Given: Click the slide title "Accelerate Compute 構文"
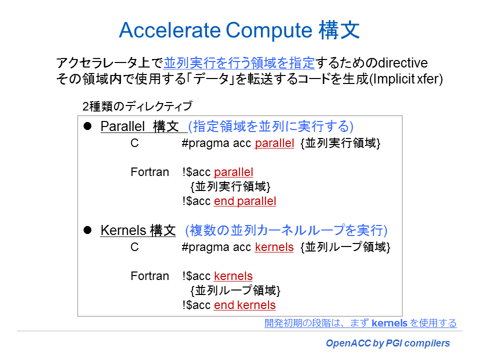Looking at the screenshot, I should click(x=239, y=31).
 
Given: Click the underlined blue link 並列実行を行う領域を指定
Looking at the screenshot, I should click(x=239, y=63).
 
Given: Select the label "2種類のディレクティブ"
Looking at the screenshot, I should click(x=137, y=106).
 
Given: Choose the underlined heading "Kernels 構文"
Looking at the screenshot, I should click(x=138, y=230).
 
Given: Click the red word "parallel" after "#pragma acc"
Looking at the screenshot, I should click(x=274, y=143).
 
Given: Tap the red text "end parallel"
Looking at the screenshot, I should click(x=245, y=201).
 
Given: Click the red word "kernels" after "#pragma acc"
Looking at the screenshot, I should click(x=274, y=247).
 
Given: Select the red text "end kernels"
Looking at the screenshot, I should click(x=244, y=305).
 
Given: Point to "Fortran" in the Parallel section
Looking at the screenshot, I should click(x=150, y=172).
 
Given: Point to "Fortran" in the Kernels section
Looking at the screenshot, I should click(x=150, y=276).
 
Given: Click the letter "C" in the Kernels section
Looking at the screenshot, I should click(x=134, y=247).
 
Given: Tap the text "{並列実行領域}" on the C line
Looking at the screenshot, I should click(x=340, y=143).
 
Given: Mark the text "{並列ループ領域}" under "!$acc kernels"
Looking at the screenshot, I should click(x=235, y=291).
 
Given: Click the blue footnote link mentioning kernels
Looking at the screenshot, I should click(x=360, y=323).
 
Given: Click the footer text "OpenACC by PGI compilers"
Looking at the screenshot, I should click(x=388, y=343).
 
